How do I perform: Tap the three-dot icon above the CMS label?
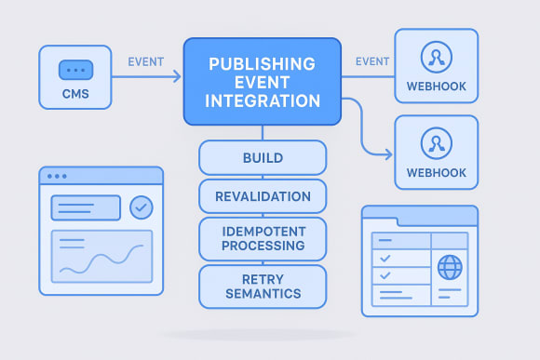pyautogui.click(x=76, y=71)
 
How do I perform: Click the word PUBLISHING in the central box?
pyautogui.click(x=263, y=66)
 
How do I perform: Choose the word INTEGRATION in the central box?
pyautogui.click(x=263, y=100)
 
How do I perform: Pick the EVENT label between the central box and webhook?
pyautogui.click(x=372, y=62)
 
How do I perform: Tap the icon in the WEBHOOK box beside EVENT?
pyautogui.click(x=436, y=58)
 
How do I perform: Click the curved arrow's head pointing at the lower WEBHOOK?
pyautogui.click(x=389, y=154)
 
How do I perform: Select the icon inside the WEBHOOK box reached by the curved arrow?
pyautogui.click(x=436, y=142)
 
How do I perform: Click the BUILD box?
pyautogui.click(x=263, y=157)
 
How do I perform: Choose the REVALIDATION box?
pyautogui.click(x=263, y=196)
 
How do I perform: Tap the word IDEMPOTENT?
pyautogui.click(x=263, y=229)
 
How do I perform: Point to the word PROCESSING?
pyautogui.click(x=263, y=246)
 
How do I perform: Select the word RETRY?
pyautogui.click(x=263, y=277)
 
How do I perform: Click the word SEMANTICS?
pyautogui.click(x=263, y=294)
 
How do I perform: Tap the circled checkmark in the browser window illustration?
pyautogui.click(x=142, y=207)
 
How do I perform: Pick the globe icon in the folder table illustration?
pyautogui.click(x=450, y=269)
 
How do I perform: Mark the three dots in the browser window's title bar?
pyautogui.click(x=57, y=176)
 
